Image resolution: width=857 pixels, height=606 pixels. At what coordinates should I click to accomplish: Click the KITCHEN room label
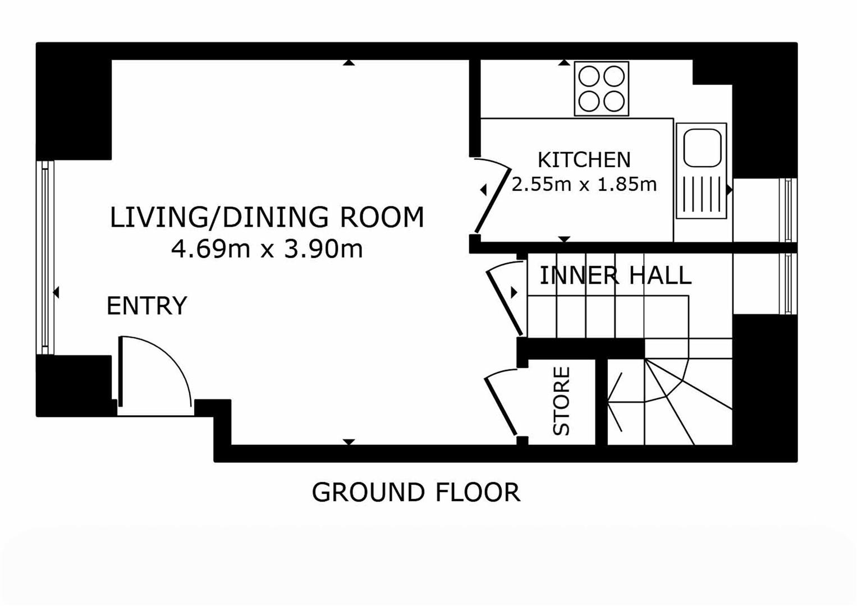point(584,160)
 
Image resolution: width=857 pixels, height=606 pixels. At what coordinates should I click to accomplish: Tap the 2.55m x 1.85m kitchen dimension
point(584,185)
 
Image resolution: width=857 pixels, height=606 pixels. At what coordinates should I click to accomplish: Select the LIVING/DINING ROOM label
point(267,217)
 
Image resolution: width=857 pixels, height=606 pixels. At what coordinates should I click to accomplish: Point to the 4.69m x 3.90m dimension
point(267,249)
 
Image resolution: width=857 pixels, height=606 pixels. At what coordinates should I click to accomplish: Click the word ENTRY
point(147,306)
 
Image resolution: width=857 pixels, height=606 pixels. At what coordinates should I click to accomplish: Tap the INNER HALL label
point(616,276)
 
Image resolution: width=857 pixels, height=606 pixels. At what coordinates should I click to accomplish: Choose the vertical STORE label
point(562,401)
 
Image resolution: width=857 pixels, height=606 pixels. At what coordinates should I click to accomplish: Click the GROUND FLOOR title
point(416,493)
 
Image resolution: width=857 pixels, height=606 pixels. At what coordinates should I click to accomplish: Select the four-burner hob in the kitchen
point(602,89)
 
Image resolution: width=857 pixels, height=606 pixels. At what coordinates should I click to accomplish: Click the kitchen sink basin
point(703,148)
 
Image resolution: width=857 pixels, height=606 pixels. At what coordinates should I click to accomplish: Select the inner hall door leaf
point(504,303)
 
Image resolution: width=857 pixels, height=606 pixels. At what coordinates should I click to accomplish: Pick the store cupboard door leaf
point(501,406)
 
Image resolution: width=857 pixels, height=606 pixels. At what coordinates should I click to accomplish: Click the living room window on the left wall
point(45,258)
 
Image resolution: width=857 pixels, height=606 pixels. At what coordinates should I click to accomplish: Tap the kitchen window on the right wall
point(788,210)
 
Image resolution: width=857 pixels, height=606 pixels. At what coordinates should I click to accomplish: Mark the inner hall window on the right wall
point(788,284)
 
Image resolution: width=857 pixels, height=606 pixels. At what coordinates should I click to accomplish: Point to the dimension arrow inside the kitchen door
point(483,190)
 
